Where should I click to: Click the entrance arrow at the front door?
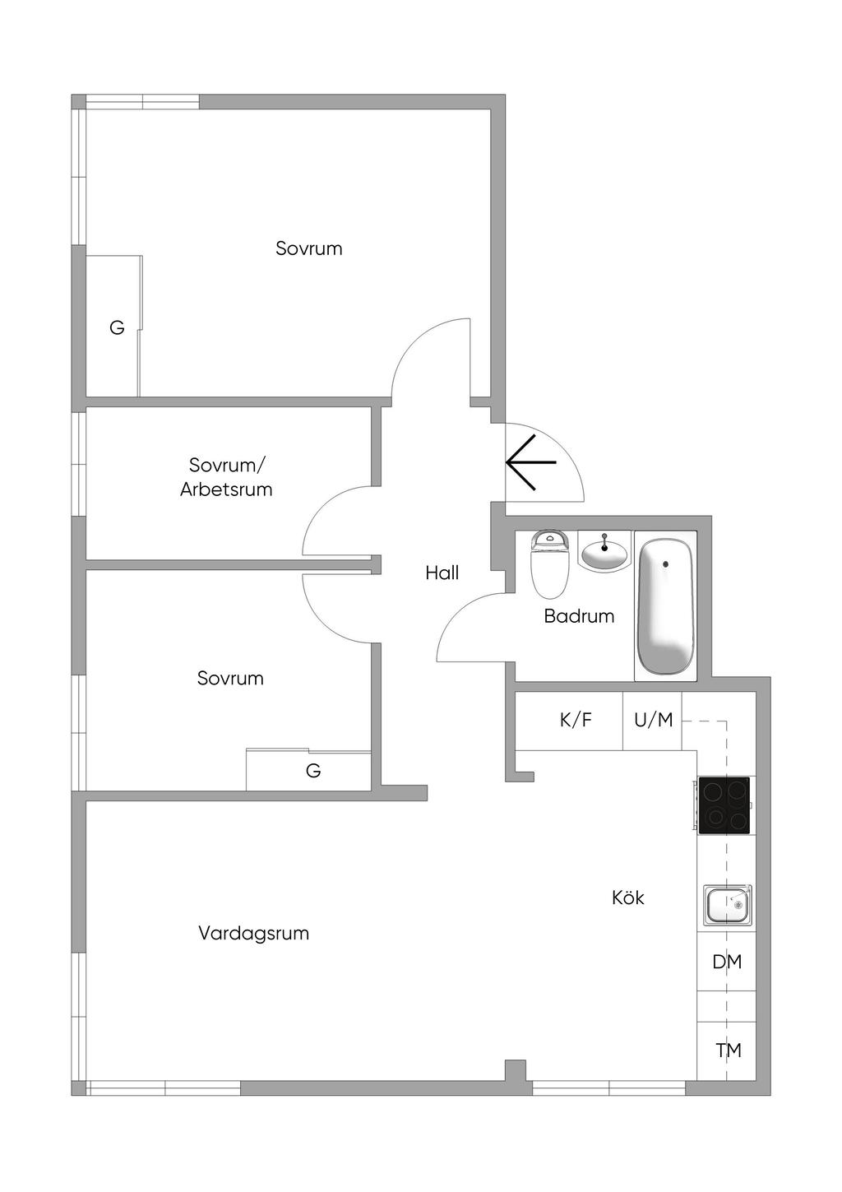click(x=530, y=462)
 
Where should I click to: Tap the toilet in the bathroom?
click(x=550, y=565)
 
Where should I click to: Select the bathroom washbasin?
click(x=604, y=551)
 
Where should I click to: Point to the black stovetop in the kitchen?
click(x=724, y=805)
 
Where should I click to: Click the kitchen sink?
click(x=726, y=904)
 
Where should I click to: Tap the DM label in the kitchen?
click(x=727, y=962)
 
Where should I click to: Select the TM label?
click(x=729, y=1051)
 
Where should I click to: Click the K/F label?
click(x=576, y=721)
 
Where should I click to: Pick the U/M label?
click(x=653, y=721)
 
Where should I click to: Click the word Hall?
click(x=442, y=573)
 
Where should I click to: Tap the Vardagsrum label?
click(x=253, y=934)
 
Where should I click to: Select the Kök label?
click(x=627, y=897)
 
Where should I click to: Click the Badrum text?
click(x=579, y=616)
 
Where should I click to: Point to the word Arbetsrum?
click(x=226, y=489)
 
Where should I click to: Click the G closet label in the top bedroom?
click(x=117, y=328)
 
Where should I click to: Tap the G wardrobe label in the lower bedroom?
click(x=312, y=772)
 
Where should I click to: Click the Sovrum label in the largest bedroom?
click(x=308, y=248)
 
